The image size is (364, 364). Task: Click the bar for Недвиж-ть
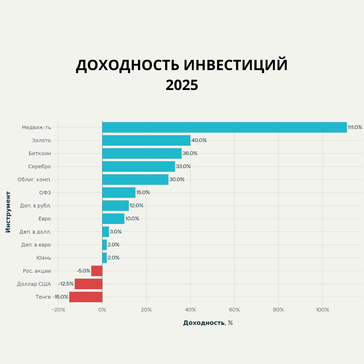click(224, 127)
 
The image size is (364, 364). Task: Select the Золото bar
click(146, 141)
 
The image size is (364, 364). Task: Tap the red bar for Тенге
click(86, 297)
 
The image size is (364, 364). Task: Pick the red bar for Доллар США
click(88, 284)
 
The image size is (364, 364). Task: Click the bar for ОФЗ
click(119, 192)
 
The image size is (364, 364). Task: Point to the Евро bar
click(113, 219)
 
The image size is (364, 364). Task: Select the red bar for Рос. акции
click(97, 271)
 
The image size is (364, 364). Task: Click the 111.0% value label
click(355, 127)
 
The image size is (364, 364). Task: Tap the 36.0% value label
click(190, 153)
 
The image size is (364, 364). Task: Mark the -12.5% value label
click(66, 284)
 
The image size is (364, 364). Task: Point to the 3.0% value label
click(116, 232)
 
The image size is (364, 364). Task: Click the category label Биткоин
click(40, 153)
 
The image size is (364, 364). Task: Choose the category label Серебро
click(39, 166)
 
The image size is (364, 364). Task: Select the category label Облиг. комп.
click(34, 180)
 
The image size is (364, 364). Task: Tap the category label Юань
click(43, 258)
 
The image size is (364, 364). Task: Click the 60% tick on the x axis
click(234, 310)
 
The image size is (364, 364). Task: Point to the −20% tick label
click(58, 310)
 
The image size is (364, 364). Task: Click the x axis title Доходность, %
click(208, 323)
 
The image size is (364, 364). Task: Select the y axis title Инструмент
click(8, 212)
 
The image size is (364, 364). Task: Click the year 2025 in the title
click(182, 85)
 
